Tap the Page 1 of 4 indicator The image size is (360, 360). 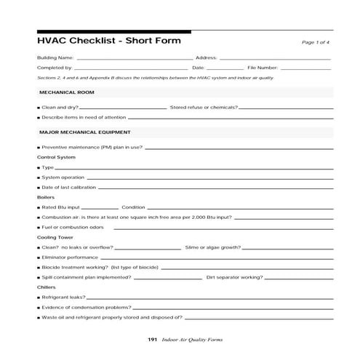(317, 43)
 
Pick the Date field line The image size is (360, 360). (225, 68)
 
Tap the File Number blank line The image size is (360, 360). (305, 68)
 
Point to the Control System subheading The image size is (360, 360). (56, 157)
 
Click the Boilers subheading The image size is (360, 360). (46, 197)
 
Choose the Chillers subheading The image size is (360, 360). (47, 287)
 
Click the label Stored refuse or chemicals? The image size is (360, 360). (203, 107)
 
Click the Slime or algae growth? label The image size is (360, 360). (212, 247)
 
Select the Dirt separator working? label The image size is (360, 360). (234, 277)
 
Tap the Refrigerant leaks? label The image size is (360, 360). (63, 297)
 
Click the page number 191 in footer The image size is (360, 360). (152, 340)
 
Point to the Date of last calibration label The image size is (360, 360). (68, 188)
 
